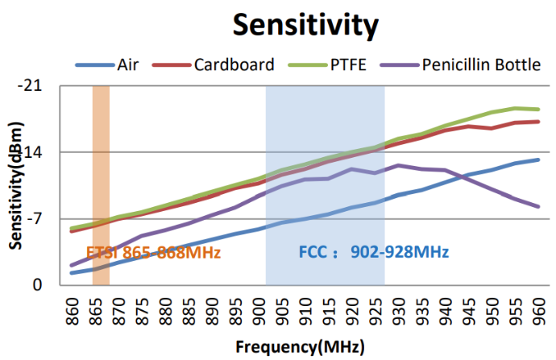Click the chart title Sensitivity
pyautogui.click(x=305, y=25)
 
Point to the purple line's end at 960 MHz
pyautogui.click(x=538, y=207)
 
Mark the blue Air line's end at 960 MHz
pyautogui.click(x=538, y=159)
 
